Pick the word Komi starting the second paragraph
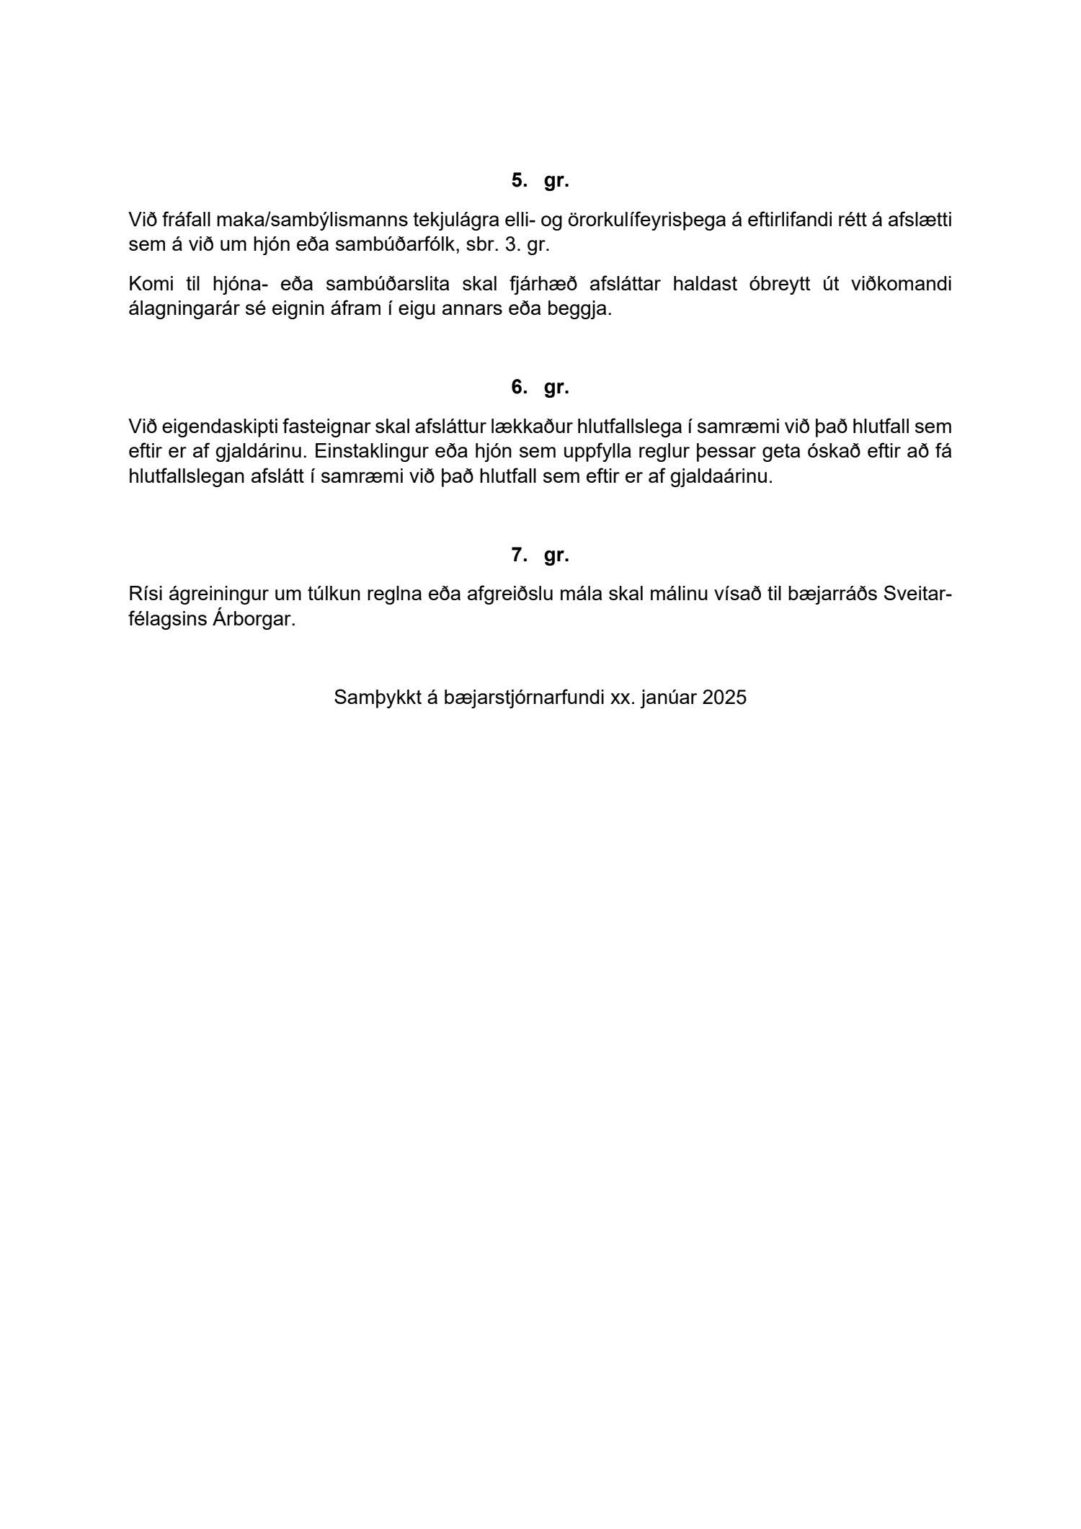tap(147, 284)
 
